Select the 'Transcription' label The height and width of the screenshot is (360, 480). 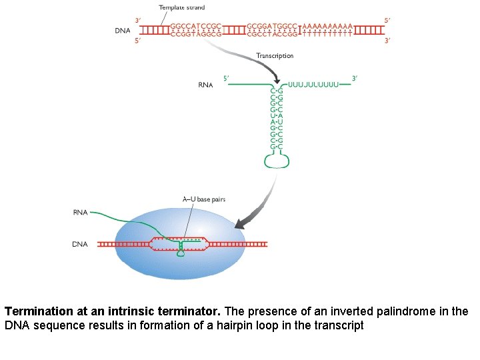pos(275,56)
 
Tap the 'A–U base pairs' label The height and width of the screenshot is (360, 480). pos(204,199)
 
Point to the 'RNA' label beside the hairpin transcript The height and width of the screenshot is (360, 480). pos(205,85)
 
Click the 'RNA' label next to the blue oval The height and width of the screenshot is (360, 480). pos(80,213)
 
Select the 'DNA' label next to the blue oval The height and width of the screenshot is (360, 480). pos(80,245)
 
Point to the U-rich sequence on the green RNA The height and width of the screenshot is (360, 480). pos(313,85)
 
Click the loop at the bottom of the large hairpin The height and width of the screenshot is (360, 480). pos(276,161)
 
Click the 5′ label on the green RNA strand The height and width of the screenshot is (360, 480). pos(226,78)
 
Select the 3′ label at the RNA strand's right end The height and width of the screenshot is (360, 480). pos(355,78)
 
